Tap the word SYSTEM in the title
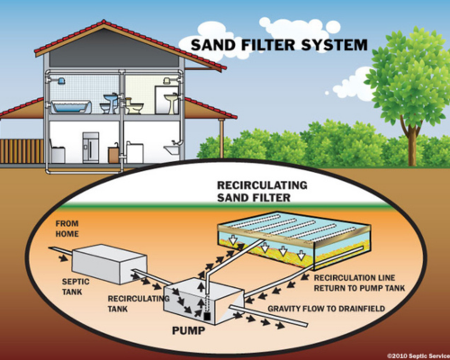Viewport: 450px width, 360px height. (334, 45)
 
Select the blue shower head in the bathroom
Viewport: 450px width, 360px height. (60, 81)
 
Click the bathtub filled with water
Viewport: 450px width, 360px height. (71, 107)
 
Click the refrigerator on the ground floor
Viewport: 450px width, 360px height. (91, 148)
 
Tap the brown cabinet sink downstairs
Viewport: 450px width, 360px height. (113, 155)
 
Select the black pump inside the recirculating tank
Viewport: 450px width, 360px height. (207, 316)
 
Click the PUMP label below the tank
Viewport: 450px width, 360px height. (188, 330)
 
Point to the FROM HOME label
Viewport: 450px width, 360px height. (67, 229)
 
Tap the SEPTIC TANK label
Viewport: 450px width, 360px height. (76, 286)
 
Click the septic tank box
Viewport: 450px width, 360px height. (110, 265)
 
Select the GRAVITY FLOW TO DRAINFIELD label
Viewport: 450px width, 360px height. (326, 309)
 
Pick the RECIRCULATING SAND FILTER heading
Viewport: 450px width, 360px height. (262, 192)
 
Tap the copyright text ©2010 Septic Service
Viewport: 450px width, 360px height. (418, 355)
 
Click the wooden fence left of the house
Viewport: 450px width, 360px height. (22, 151)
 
